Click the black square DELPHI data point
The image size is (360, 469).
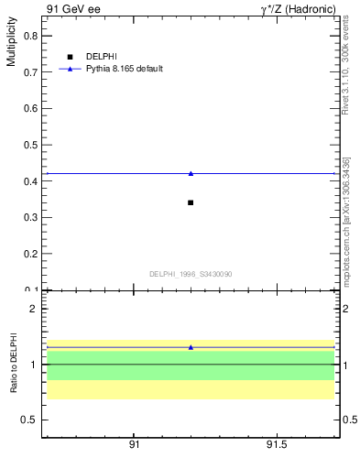pos(191,202)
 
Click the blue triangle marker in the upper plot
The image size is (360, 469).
pos(191,173)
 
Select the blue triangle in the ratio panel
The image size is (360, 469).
pos(191,347)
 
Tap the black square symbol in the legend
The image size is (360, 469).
pos(70,57)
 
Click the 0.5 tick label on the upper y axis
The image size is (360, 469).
pos(31,145)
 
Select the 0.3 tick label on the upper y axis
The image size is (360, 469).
pos(31,217)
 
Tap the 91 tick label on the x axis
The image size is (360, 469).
pos(134,444)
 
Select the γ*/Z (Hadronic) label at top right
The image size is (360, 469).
pos(299,9)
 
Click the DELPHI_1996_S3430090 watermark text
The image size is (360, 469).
pos(191,274)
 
